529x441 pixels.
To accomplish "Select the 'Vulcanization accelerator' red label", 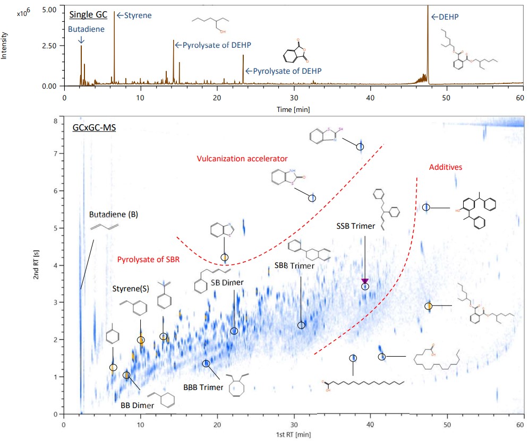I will pos(242,159).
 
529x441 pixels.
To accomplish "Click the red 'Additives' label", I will pos(445,167).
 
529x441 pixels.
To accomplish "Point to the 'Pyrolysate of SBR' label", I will pos(148,260).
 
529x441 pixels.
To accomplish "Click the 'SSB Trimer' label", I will pos(355,226).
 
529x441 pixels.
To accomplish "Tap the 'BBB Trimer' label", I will pos(203,387).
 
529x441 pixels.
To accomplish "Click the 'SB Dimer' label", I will pos(227,283).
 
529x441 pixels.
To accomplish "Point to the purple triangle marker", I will pos(365,281).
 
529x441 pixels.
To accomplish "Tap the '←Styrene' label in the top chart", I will pos(133,15).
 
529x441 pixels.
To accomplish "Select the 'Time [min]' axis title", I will pos(294,109).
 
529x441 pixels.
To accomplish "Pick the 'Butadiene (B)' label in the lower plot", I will pos(109,215).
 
